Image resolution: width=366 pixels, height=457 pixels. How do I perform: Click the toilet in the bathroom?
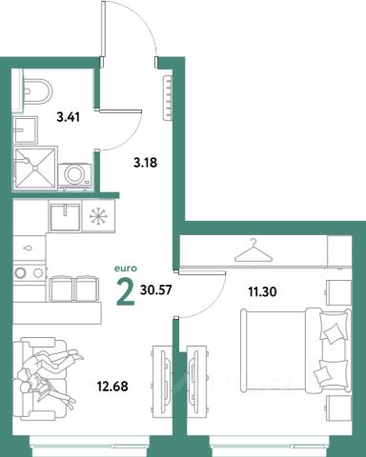pyautogui.click(x=37, y=90)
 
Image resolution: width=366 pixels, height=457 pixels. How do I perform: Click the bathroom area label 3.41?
pyautogui.click(x=68, y=117)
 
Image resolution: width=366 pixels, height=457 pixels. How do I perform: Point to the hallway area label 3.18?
pyautogui.click(x=146, y=163)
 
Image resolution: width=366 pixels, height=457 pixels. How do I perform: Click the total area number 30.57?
pyautogui.click(x=155, y=289)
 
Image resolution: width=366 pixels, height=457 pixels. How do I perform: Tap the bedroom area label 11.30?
pyautogui.click(x=262, y=291)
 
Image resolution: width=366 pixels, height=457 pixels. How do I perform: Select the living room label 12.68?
pyautogui.click(x=112, y=387)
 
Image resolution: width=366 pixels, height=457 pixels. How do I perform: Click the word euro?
pyautogui.click(x=126, y=268)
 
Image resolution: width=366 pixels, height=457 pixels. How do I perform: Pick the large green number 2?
pyautogui.click(x=125, y=292)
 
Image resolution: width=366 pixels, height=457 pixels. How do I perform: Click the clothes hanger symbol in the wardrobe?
pyautogui.click(x=254, y=250)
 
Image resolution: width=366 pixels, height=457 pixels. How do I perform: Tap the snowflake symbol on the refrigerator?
pyautogui.click(x=99, y=216)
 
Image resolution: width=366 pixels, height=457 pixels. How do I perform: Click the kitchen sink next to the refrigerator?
pyautogui.click(x=65, y=217)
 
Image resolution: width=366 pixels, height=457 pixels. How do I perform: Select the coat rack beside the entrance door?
pyautogui.click(x=168, y=98)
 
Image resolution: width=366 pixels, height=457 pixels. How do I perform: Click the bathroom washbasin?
pyautogui.click(x=25, y=129)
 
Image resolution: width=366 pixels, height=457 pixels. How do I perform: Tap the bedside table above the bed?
pyautogui.click(x=338, y=292)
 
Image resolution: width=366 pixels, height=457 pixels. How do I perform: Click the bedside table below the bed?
pyautogui.click(x=338, y=407)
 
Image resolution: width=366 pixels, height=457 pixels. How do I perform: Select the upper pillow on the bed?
pyautogui.click(x=332, y=328)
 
